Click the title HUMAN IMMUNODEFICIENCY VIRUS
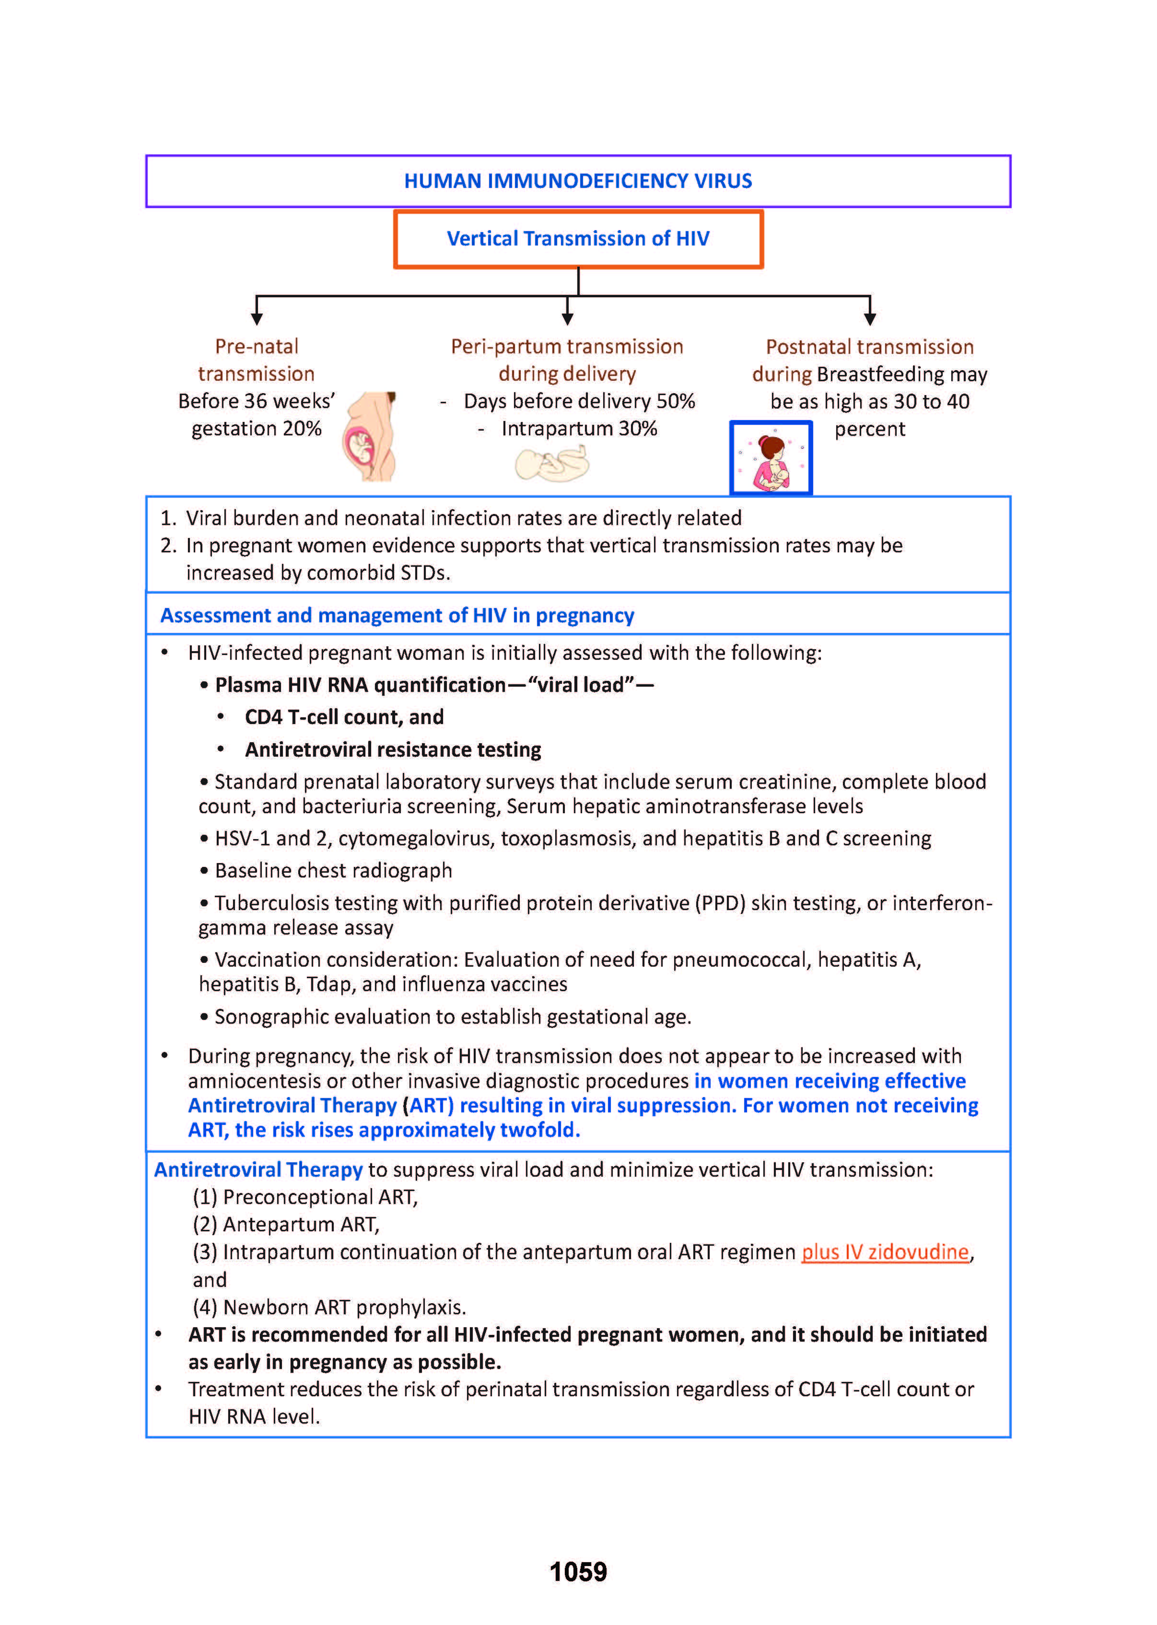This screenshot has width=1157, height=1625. coord(578,181)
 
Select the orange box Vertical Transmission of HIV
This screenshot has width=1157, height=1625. coord(578,239)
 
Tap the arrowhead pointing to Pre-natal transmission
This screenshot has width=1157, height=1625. coord(257,320)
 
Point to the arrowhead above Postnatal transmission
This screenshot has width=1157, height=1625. coord(869,320)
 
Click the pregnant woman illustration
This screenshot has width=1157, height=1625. coord(370,436)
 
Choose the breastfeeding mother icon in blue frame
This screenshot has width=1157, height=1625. coord(771,457)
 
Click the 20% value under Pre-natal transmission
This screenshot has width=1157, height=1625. coord(302,429)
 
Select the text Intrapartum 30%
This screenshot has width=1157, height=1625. coord(578,429)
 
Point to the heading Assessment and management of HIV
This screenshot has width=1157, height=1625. coord(397,616)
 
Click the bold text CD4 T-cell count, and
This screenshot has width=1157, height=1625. coord(344,717)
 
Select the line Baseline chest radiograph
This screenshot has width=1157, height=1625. coord(333,871)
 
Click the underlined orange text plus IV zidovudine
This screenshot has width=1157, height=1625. coord(885,1251)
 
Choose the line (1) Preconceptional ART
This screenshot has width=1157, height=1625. coord(305,1197)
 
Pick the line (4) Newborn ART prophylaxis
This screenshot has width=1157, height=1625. coord(329,1307)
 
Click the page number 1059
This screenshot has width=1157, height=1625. coord(578,1572)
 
